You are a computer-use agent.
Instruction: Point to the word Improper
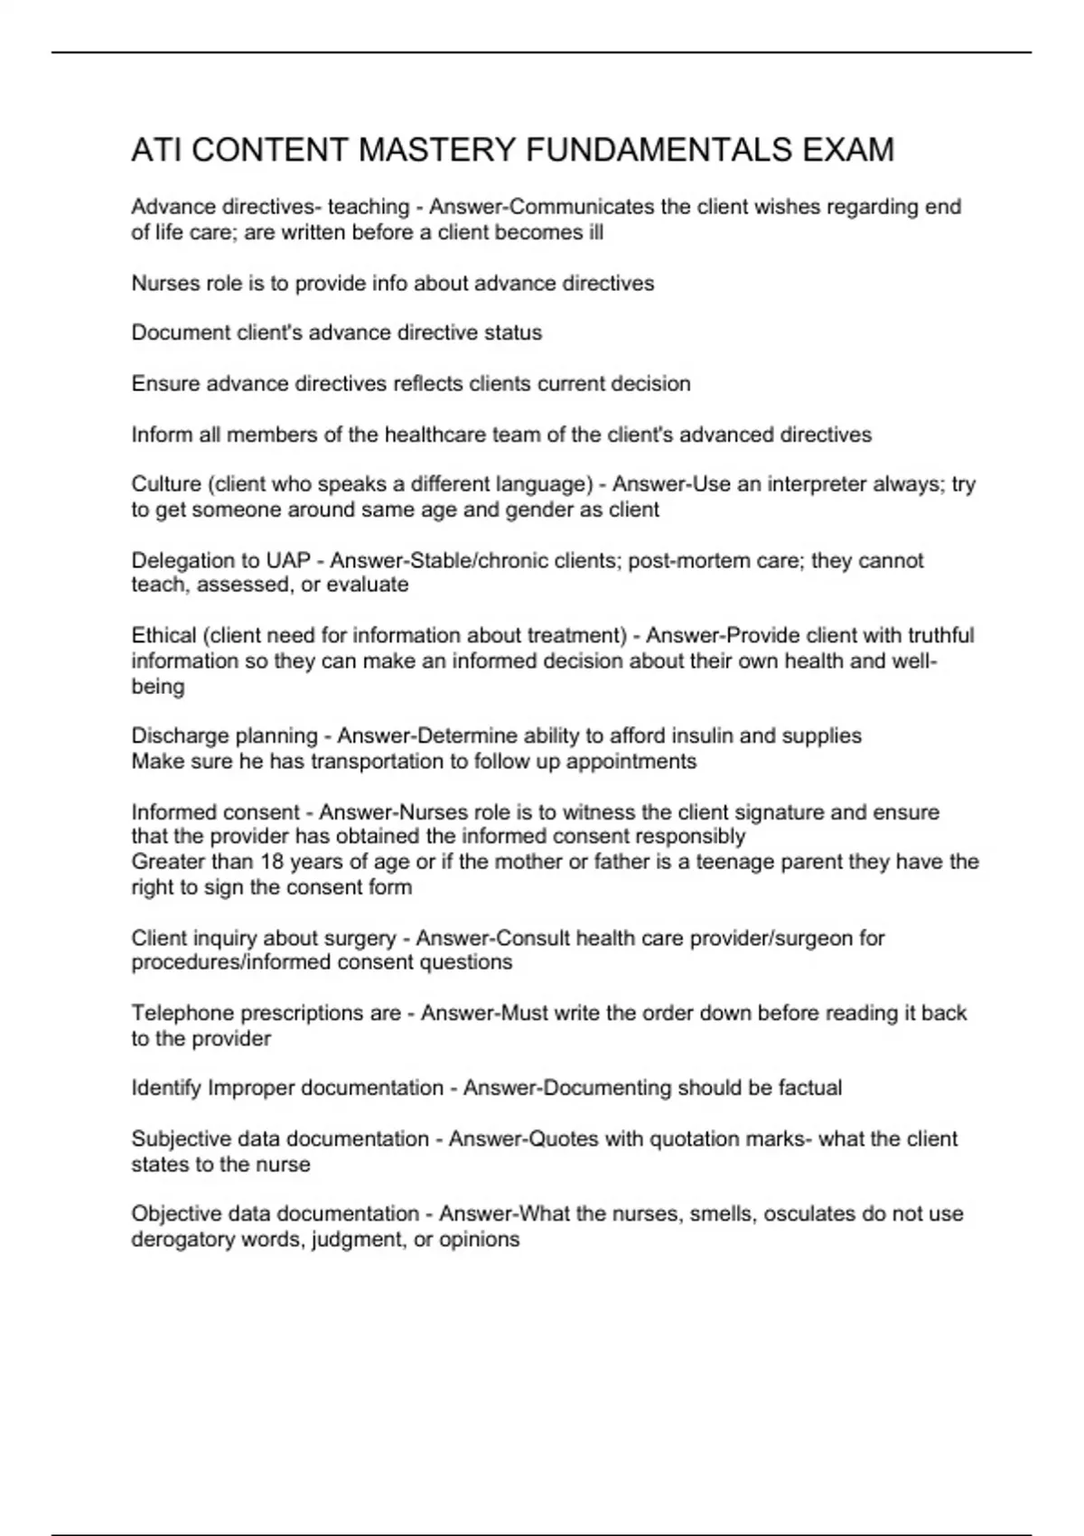(251, 1088)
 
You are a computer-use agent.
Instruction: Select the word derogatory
(183, 1240)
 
